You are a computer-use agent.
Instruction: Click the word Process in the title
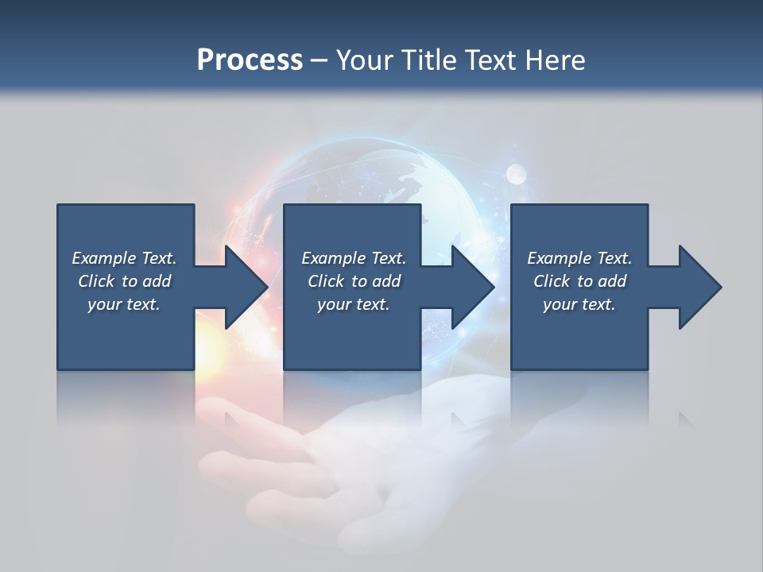click(250, 60)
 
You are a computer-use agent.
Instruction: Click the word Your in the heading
click(366, 60)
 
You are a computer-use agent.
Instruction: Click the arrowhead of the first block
click(246, 287)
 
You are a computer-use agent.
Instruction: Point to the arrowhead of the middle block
click(473, 287)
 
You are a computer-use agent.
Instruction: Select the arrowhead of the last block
click(700, 287)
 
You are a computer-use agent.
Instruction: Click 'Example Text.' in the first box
click(124, 258)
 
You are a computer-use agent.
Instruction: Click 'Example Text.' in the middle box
click(354, 258)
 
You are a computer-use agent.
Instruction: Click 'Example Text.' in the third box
click(579, 258)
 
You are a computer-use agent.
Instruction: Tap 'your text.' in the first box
click(124, 305)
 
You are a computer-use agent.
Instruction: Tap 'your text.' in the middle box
click(354, 305)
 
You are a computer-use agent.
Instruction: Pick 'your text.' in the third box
click(579, 305)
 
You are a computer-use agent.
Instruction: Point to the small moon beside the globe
click(516, 171)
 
